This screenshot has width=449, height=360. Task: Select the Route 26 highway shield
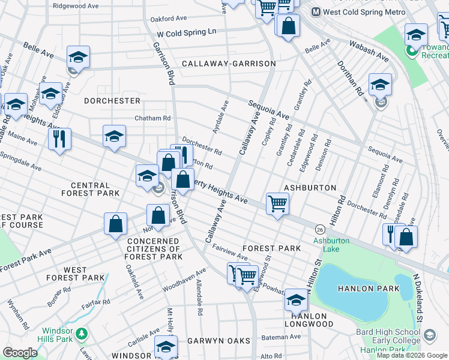coord(321,229)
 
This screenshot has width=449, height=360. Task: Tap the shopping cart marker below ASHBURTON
coord(277,204)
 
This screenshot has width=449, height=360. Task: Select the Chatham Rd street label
coord(152,118)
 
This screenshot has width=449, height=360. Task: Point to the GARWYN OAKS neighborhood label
coord(218,341)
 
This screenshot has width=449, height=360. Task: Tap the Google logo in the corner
coord(19,353)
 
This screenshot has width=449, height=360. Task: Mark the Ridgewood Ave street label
coord(76,5)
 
